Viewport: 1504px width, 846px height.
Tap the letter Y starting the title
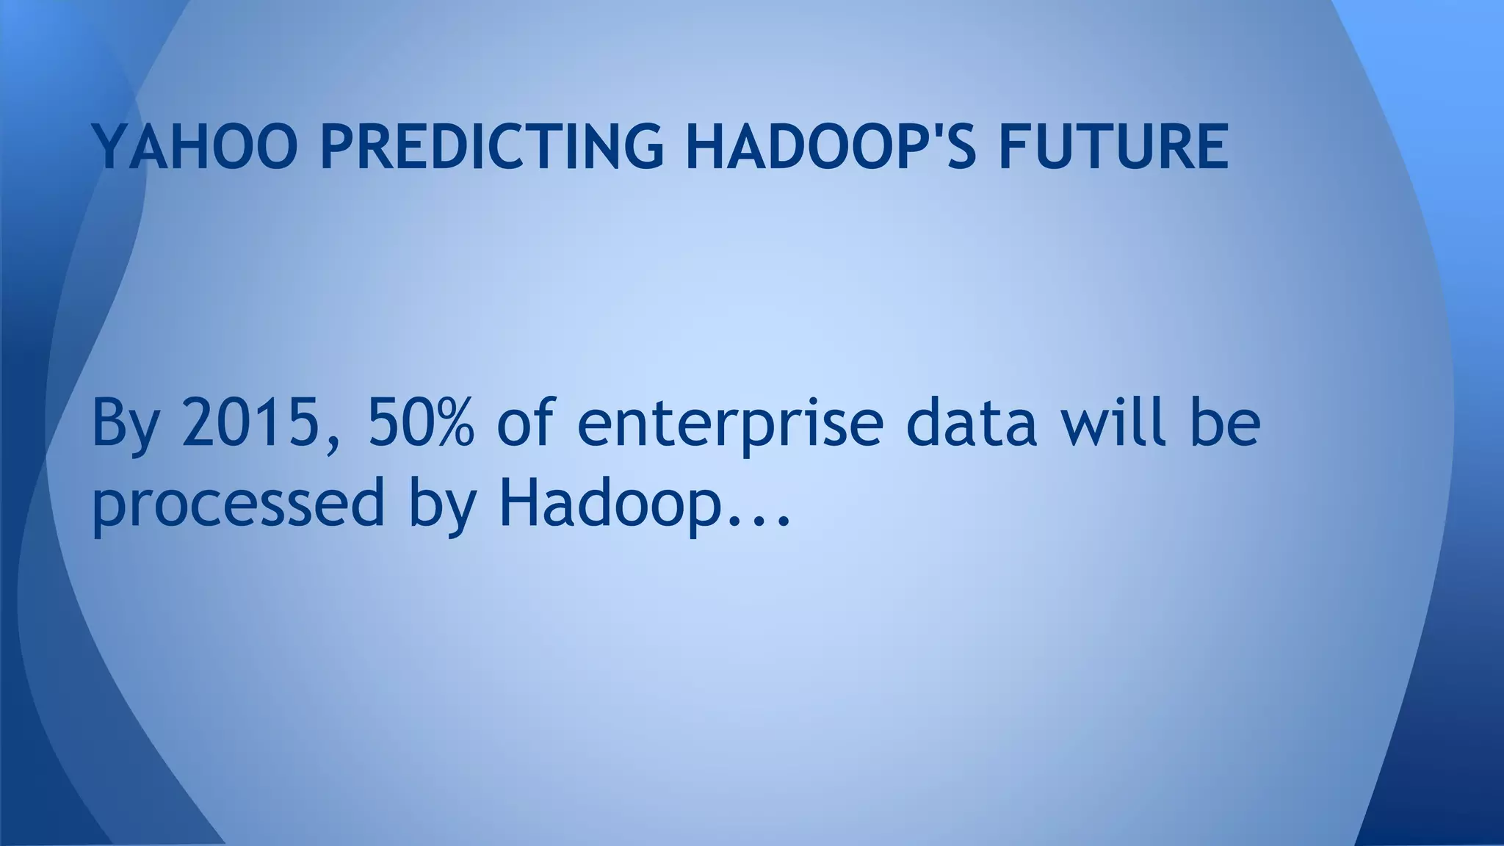109,146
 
